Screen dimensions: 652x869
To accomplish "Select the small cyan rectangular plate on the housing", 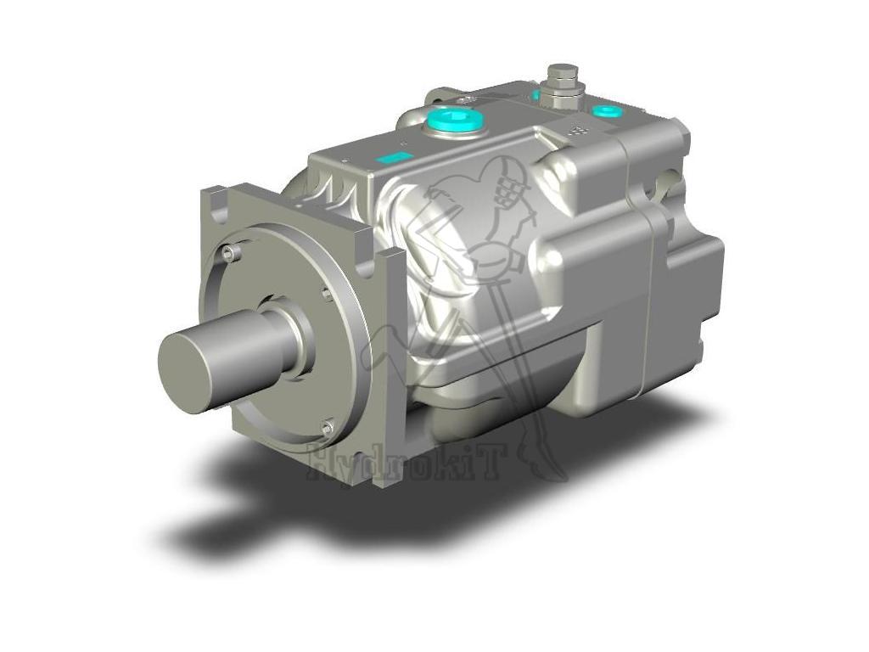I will tap(393, 158).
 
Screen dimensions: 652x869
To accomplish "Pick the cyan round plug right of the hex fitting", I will tap(607, 111).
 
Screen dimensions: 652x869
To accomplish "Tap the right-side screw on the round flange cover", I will tap(328, 294).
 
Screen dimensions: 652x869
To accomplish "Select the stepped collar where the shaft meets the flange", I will tap(293, 340).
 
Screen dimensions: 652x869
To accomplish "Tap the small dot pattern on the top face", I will tap(577, 132).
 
